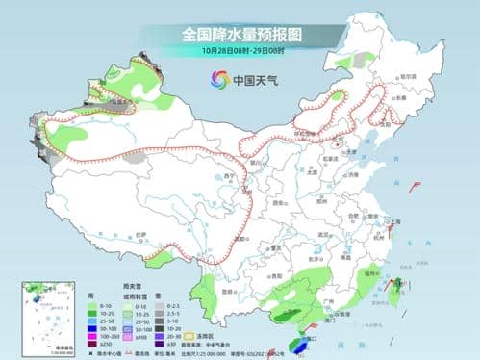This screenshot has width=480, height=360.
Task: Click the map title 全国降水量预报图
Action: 240,33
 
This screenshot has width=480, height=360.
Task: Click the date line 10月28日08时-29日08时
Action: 240,49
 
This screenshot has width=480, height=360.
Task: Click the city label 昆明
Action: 228,290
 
